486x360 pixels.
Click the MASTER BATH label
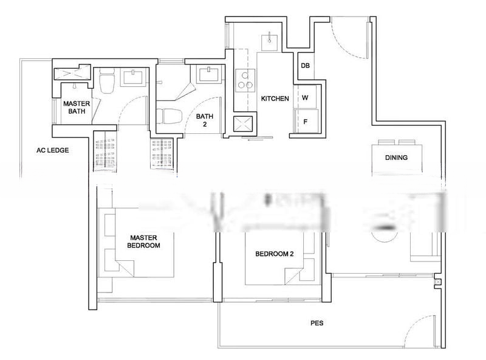[76, 108]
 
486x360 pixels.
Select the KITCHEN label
[275, 99]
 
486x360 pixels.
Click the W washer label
[305, 97]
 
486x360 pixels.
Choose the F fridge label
[305, 121]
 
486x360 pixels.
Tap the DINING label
[396, 157]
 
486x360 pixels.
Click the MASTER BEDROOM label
[143, 241]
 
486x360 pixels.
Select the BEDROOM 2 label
[274, 254]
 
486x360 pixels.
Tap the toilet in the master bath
[107, 80]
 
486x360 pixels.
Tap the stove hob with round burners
[245, 80]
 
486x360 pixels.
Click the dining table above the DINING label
[398, 147]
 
